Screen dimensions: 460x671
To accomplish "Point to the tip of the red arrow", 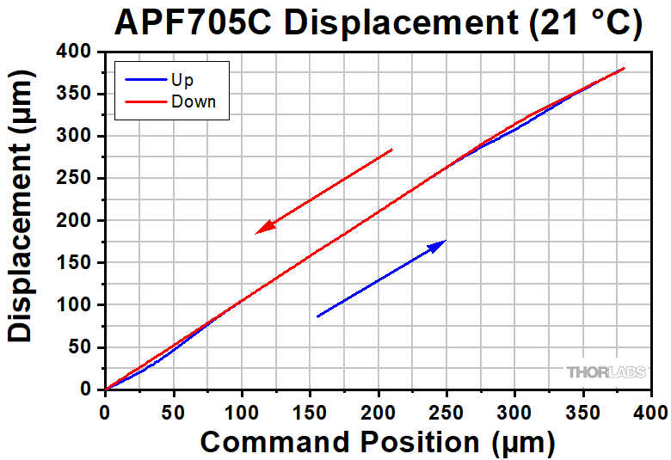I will click(x=257, y=233).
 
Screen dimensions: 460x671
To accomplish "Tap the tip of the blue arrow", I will click(x=446, y=241).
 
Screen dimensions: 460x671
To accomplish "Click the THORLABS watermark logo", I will click(x=606, y=372).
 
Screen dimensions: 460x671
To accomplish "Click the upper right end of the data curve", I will click(x=624, y=68).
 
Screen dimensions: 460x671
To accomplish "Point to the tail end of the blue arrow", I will click(x=317, y=316).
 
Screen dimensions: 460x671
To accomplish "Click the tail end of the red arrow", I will click(x=392, y=150).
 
